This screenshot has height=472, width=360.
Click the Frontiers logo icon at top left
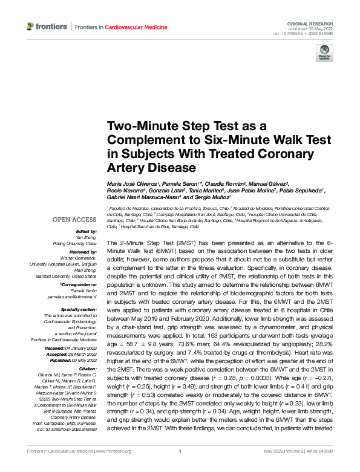tap(30, 27)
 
